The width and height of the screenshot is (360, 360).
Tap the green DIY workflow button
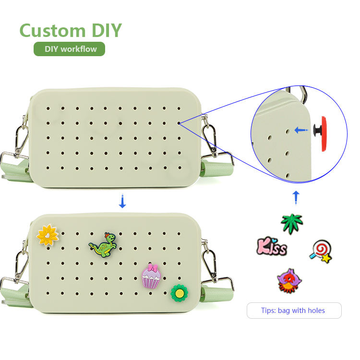[69, 49]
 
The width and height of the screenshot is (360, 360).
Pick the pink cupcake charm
[151, 276]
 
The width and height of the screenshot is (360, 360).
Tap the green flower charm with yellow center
[179, 292]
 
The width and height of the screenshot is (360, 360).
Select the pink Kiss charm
[272, 247]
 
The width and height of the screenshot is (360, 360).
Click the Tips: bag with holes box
[294, 311]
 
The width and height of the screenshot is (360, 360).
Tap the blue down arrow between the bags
[122, 202]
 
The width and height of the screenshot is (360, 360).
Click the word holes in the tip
[315, 311]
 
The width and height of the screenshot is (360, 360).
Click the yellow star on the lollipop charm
[326, 258]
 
